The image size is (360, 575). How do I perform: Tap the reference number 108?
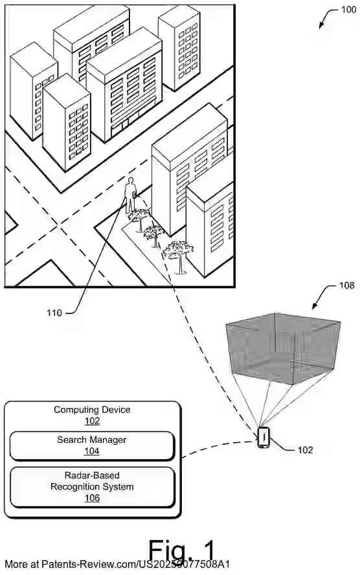(347, 285)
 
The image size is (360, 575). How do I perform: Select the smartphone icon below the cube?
(264, 436)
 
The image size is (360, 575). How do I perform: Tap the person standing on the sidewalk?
(130, 195)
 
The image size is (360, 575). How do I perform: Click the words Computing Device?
(92, 409)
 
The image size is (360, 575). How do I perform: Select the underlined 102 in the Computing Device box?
(92, 420)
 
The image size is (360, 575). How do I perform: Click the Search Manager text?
(92, 440)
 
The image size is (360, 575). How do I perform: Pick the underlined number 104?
(92, 451)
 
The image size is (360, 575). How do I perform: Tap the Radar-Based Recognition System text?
(92, 480)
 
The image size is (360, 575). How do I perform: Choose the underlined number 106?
(92, 498)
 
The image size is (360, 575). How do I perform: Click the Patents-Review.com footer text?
(117, 565)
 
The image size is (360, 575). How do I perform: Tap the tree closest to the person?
(139, 219)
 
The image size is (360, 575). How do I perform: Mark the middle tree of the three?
(154, 233)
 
